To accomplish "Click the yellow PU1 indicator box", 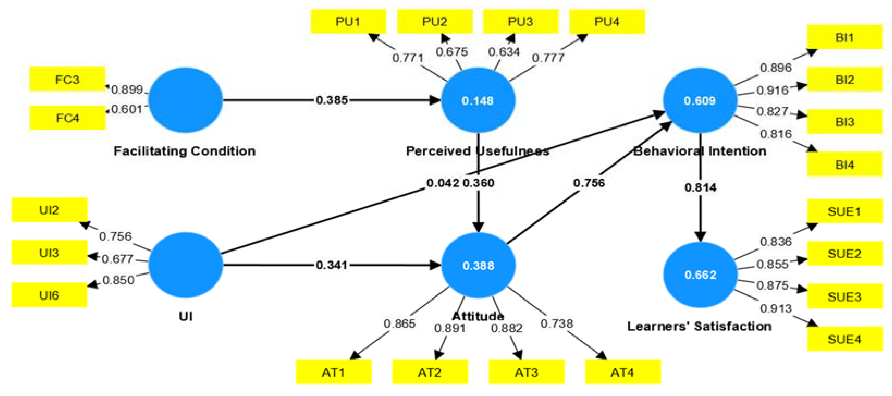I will (x=348, y=22).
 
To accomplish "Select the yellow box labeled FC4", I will (x=67, y=118).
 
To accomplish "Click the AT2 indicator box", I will (x=430, y=372).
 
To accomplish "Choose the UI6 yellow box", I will (x=49, y=295).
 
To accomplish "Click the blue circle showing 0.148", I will (x=478, y=100).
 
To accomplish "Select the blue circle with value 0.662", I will (x=700, y=275).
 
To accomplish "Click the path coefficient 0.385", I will (x=331, y=100).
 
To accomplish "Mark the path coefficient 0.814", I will (x=700, y=187).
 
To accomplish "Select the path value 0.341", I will (x=331, y=265).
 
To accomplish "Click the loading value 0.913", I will (x=776, y=308).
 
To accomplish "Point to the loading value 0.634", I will (x=504, y=52).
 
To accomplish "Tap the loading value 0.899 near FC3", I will (x=127, y=90).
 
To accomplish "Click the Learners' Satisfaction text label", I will (x=699, y=326).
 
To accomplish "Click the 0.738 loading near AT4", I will (x=556, y=324).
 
